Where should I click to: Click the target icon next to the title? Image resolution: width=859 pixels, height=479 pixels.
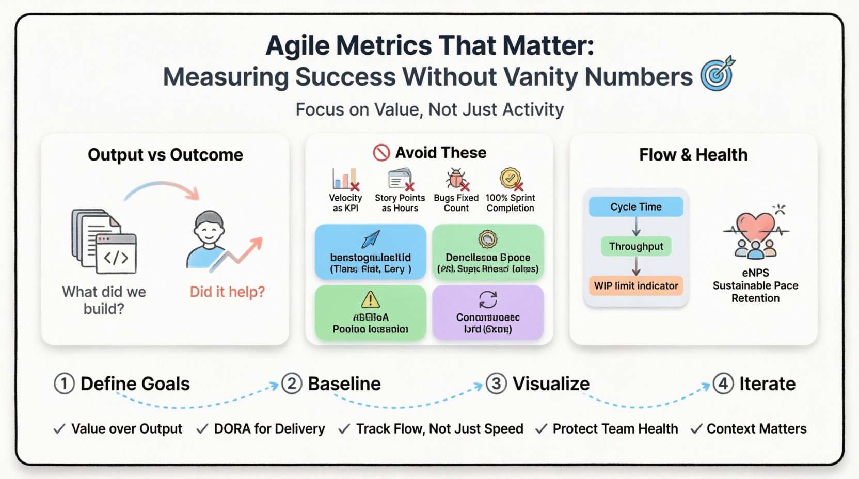[718, 74]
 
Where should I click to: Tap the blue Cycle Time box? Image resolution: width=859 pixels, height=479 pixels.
[636, 207]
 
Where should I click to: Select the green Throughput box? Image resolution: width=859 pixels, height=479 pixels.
[636, 247]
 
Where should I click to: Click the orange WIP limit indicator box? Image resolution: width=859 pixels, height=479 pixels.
[636, 286]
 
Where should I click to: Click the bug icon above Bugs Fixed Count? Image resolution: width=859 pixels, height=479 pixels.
[456, 179]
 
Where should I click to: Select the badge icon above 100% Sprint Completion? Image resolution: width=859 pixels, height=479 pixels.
[510, 179]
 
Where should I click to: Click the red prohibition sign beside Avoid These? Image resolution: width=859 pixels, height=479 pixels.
[381, 153]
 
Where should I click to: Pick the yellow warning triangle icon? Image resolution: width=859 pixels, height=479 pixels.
[370, 299]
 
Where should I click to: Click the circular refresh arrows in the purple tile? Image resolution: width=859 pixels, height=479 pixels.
[488, 299]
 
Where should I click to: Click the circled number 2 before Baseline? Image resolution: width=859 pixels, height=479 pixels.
[292, 384]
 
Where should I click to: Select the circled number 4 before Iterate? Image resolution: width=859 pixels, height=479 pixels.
[723, 384]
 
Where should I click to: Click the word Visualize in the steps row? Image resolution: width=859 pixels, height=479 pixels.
[551, 384]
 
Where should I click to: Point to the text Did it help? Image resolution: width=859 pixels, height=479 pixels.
[227, 292]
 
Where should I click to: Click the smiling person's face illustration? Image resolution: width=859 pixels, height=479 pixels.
[209, 230]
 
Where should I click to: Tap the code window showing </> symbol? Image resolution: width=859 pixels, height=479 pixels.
[117, 253]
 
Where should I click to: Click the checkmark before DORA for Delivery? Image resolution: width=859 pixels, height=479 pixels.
[202, 429]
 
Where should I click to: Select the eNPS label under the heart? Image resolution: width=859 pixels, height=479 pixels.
[755, 273]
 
